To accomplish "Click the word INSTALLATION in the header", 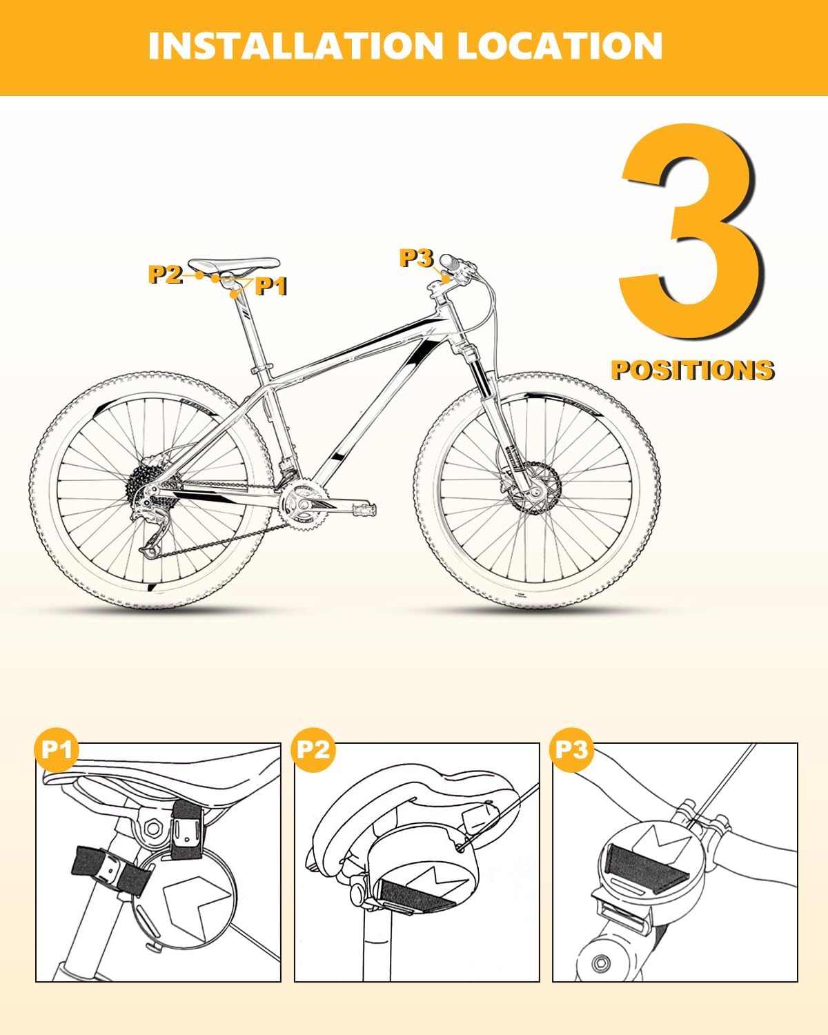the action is [295, 46].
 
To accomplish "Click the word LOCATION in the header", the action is [560, 46].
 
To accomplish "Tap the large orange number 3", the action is [692, 232].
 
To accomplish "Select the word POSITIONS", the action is [692, 371].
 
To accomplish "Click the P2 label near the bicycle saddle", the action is [165, 274].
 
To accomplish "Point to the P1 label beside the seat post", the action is [270, 286].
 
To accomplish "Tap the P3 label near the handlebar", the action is [416, 258].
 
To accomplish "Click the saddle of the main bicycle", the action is [234, 265].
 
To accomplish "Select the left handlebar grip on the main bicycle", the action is [451, 262].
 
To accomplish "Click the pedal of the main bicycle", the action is [365, 509].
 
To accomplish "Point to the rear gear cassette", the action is [146, 485].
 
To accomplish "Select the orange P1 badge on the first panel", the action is [57, 749].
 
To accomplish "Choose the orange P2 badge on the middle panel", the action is [313, 749].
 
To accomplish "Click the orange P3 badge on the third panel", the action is [571, 749].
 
